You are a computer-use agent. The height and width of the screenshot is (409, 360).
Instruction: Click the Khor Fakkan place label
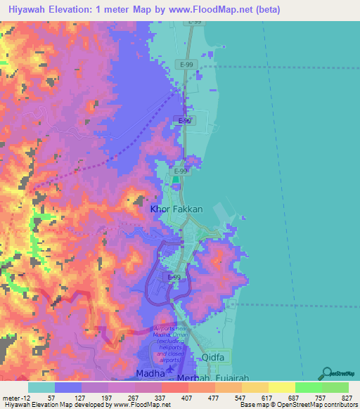click(x=176, y=209)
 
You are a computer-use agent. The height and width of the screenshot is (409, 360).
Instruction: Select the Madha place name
click(x=150, y=372)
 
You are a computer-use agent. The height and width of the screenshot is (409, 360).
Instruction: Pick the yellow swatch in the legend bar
click(x=281, y=387)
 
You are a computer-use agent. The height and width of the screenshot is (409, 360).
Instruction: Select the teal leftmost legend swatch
click(x=41, y=387)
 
